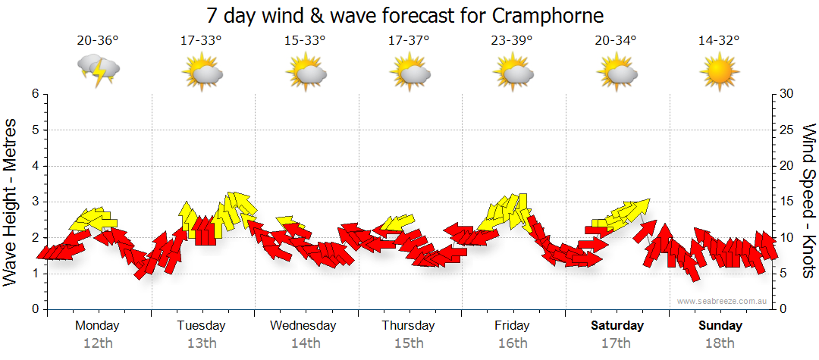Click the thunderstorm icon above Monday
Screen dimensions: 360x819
pyautogui.click(x=99, y=70)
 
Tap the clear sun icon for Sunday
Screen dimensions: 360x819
pyautogui.click(x=720, y=73)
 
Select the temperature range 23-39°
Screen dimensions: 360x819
pyautogui.click(x=513, y=41)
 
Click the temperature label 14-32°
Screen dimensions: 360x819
pyautogui.click(x=720, y=41)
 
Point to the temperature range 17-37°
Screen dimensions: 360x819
pyautogui.click(x=409, y=41)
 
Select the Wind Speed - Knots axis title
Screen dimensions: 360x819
pyautogui.click(x=808, y=201)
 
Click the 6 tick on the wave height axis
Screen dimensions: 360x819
pyautogui.click(x=34, y=94)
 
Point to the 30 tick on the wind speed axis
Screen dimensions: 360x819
pyautogui.click(x=788, y=94)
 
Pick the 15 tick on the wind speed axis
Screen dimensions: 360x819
pyautogui.click(x=788, y=202)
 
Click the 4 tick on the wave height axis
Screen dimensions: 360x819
pyautogui.click(x=34, y=166)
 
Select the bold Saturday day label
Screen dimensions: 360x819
pyautogui.click(x=617, y=326)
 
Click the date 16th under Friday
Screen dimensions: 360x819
pyautogui.click(x=513, y=343)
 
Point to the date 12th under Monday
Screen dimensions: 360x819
pyautogui.click(x=98, y=343)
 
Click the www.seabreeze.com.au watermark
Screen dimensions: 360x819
pyautogui.click(x=723, y=301)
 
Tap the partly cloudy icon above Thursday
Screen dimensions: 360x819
pyautogui.click(x=410, y=73)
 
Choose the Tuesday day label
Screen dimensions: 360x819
pyautogui.click(x=201, y=326)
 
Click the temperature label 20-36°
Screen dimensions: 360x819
pyautogui.click(x=98, y=41)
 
